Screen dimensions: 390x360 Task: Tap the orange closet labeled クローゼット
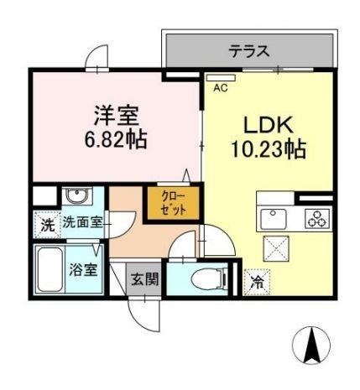pos(175,204)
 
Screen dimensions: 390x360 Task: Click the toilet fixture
pos(205,278)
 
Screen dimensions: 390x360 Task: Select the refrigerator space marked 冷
pos(255,282)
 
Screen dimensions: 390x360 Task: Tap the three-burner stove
pos(317,221)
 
